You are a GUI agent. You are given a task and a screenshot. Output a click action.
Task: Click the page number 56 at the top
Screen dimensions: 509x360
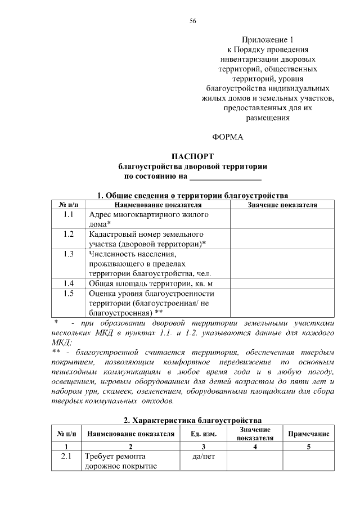coord(192,21)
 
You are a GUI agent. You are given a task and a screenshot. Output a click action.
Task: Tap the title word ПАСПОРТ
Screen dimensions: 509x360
coord(192,156)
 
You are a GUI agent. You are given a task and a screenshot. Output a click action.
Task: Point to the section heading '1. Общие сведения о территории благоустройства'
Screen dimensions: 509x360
coord(192,195)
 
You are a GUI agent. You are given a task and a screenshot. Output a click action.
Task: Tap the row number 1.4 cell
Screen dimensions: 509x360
coord(69,283)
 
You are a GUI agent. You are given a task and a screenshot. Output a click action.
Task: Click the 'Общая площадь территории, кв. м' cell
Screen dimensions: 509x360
coord(151,283)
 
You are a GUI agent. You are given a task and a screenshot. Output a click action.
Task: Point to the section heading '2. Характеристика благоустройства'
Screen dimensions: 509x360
coord(192,420)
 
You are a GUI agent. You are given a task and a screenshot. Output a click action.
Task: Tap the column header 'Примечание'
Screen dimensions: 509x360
coord(308,434)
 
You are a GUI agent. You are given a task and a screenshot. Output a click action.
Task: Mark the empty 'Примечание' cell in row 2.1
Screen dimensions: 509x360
coord(308,461)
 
